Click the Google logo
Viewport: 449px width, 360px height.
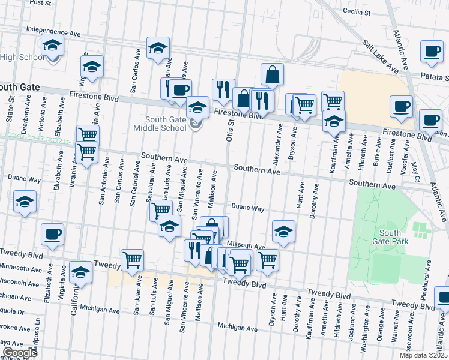[x=19, y=353]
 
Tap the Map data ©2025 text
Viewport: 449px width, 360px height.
[x=423, y=355]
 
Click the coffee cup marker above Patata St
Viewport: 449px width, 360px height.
[x=431, y=52]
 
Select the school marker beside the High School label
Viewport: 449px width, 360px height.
[x=52, y=46]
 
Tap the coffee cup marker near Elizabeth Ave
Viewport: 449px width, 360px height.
[x=52, y=234]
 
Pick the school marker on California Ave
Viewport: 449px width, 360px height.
[x=80, y=273]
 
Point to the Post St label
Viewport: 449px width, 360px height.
[x=40, y=3]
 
